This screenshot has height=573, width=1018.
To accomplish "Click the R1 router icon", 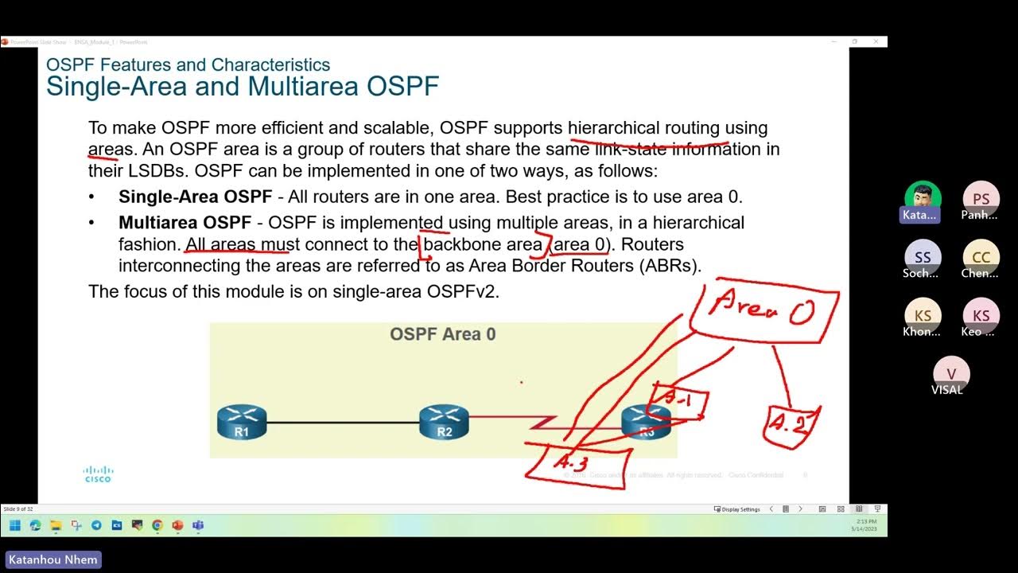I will (x=242, y=422).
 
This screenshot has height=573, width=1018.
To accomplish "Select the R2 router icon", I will (x=444, y=422).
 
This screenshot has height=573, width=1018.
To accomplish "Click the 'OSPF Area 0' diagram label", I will (x=442, y=334).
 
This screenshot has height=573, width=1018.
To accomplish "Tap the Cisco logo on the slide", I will (x=98, y=474).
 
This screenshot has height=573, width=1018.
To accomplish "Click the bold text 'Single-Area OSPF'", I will (x=196, y=197).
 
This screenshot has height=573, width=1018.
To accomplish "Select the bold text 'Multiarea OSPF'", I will (x=185, y=223).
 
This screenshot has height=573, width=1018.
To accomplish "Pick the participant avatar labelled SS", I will (x=923, y=257).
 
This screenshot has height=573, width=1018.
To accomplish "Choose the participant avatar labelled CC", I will (x=981, y=257).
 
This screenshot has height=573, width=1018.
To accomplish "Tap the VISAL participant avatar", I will (x=951, y=373).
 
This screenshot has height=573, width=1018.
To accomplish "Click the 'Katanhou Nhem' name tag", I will (x=53, y=559).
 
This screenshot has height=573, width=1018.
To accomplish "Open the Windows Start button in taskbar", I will (x=14, y=525).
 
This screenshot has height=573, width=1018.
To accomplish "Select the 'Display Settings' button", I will (x=737, y=509).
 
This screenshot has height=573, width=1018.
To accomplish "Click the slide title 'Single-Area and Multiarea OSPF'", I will (x=243, y=86).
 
